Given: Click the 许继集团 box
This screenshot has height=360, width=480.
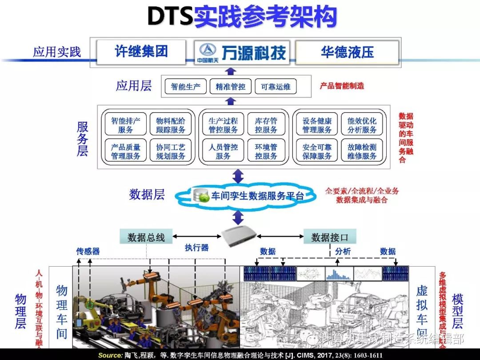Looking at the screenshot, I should [141, 52].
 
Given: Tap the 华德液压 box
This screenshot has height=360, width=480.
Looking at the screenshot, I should [347, 52].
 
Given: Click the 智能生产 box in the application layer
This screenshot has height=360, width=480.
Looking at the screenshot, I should [186, 87].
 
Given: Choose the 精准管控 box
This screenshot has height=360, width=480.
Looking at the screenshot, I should [230, 87].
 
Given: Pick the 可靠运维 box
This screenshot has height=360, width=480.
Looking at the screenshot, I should [276, 87].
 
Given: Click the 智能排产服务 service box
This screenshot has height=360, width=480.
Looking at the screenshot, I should [126, 125].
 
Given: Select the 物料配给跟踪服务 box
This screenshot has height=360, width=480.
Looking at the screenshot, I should [171, 125].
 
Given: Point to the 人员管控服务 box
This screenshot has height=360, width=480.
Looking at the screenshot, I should [223, 151].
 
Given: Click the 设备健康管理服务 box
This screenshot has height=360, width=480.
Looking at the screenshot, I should [317, 125].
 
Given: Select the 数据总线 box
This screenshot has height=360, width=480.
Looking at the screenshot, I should [146, 237].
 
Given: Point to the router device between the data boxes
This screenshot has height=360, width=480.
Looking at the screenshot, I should [239, 237].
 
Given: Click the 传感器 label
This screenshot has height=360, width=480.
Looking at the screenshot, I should [88, 252].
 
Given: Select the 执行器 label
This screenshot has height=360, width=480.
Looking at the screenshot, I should [196, 248].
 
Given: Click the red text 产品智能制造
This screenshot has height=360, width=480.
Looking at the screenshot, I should [342, 86].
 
